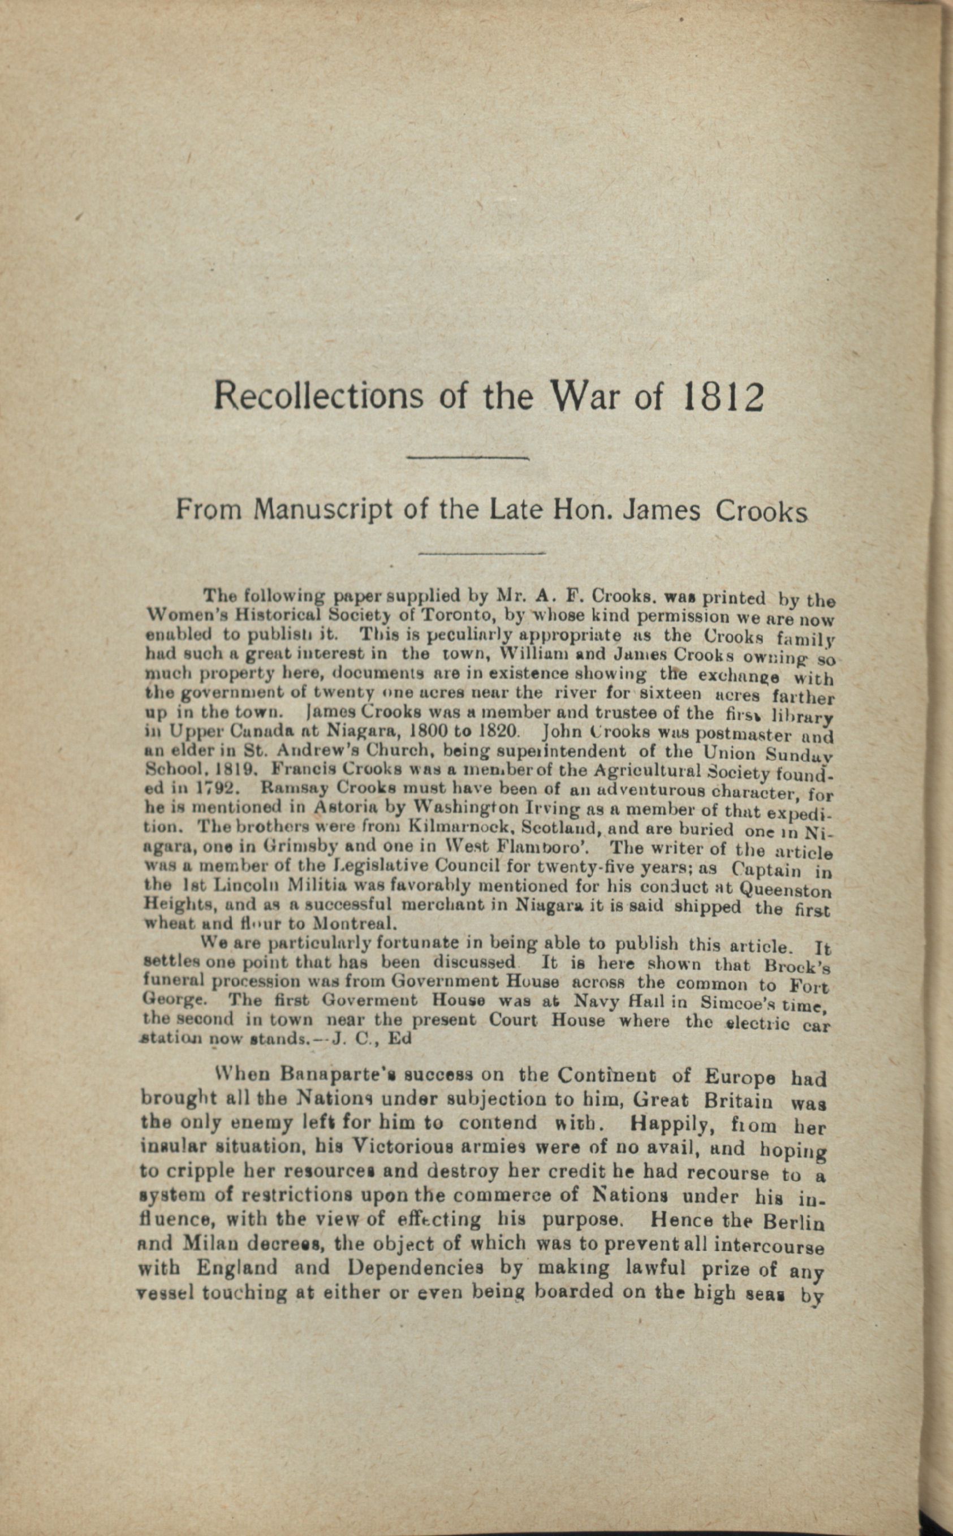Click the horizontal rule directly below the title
tap(468, 458)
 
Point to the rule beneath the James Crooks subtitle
tap(482, 554)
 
